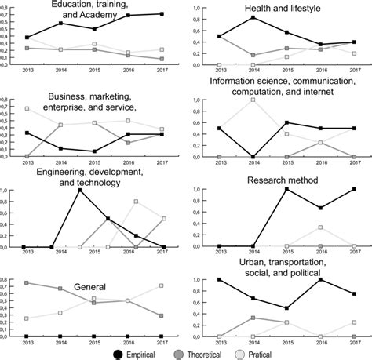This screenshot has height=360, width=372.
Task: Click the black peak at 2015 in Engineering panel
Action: pos(79,190)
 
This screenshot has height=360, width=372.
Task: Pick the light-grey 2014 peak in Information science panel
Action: pos(252,100)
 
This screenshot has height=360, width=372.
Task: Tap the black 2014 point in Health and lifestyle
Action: pos(252,17)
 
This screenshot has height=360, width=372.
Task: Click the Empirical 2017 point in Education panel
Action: pos(162,14)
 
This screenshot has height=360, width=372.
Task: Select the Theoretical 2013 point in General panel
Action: pos(27,282)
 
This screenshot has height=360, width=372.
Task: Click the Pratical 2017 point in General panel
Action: pos(162,285)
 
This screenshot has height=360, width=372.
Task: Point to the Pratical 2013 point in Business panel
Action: pos(27,108)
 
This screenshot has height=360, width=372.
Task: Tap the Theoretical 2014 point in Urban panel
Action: pos(252,318)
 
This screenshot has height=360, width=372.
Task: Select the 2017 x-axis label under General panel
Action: pos(162,343)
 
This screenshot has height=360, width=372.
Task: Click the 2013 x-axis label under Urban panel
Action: pos(218,343)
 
